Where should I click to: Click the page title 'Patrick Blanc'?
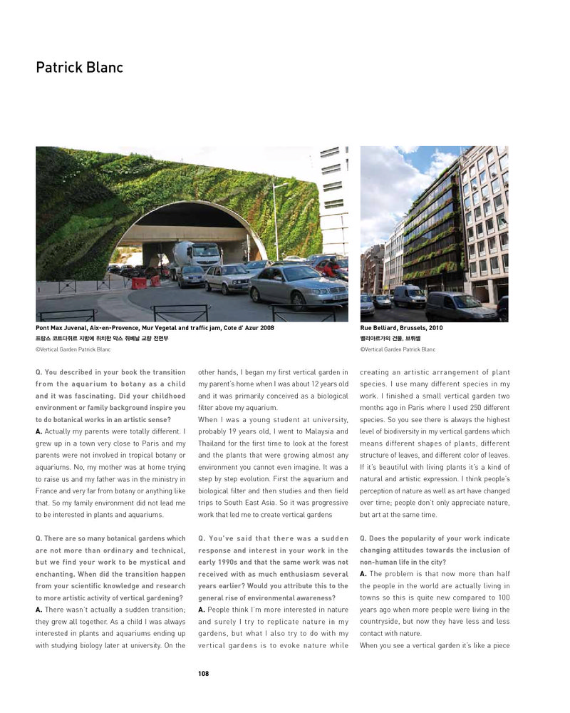[x=79, y=68]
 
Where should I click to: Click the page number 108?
[x=204, y=673]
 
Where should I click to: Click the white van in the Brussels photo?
[x=409, y=295]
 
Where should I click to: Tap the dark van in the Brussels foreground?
[x=460, y=306]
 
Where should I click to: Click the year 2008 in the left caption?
[x=265, y=327]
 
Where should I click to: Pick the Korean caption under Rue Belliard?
[x=390, y=338]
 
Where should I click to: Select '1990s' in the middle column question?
[x=216, y=563]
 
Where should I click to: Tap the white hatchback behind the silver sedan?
[x=225, y=277]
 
